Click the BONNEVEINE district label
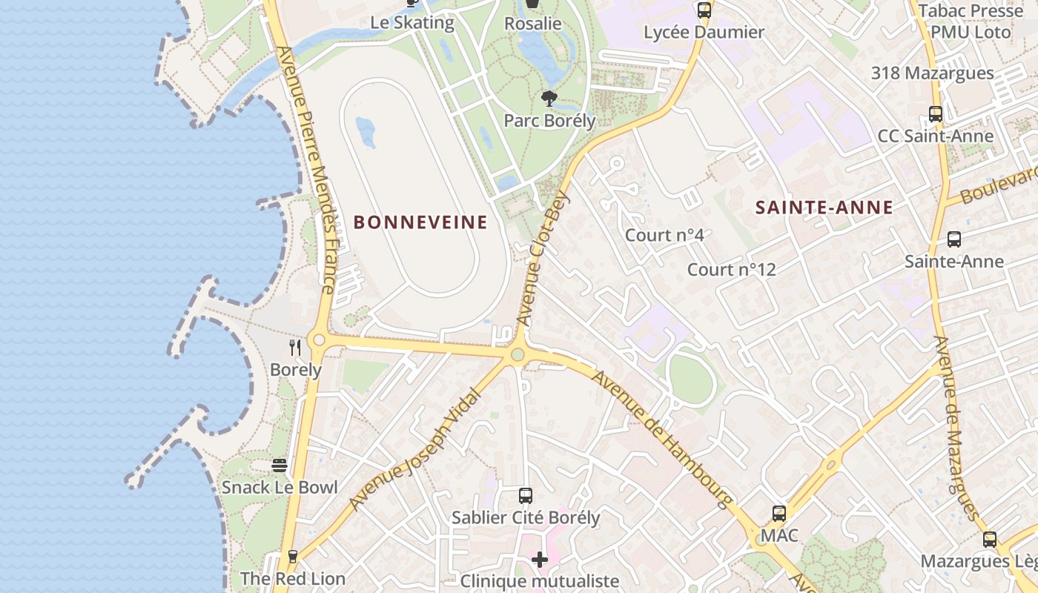pos(420,222)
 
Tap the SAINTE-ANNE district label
pos(824,208)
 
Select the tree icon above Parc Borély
pos(549,99)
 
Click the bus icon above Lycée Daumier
pos(704,10)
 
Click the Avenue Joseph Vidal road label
pos(415,450)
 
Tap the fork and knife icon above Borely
pos(295,347)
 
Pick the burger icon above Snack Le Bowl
pos(280,466)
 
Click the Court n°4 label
pos(664,236)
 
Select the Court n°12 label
pos(731,270)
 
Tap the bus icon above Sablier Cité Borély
pos(526,495)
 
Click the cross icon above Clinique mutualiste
pos(540,559)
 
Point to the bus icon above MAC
pos(779,513)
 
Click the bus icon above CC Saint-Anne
pos(936,114)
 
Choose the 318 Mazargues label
pos(932,73)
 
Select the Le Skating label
pos(412,22)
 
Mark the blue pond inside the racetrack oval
pos(366,131)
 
